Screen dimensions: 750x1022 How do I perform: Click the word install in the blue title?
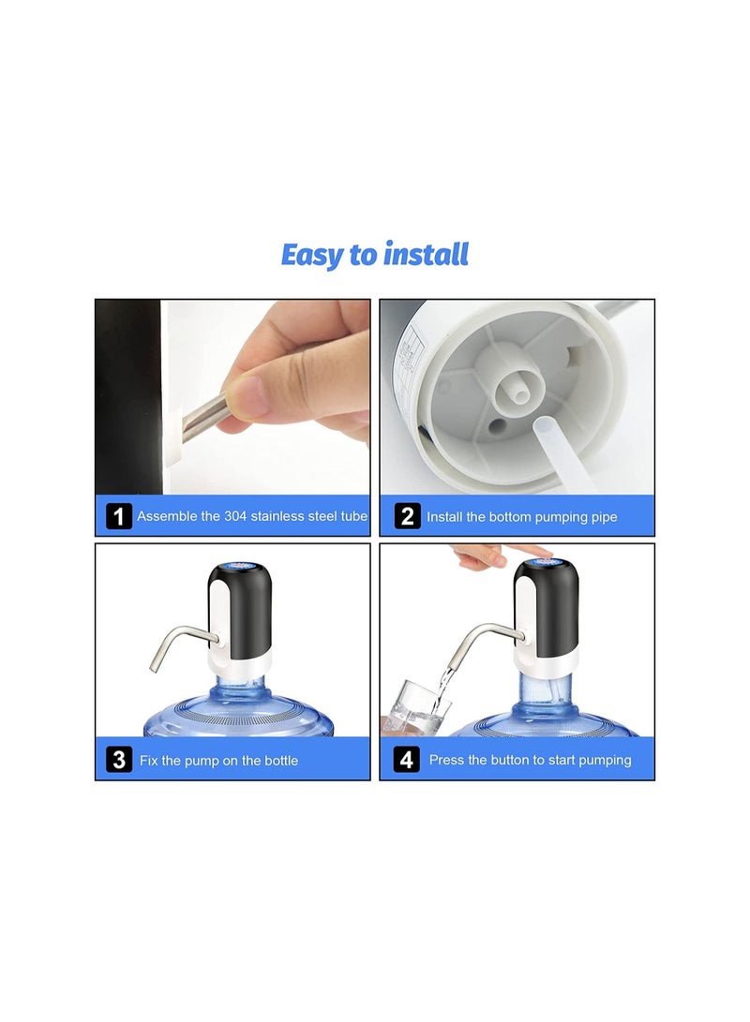tap(426, 254)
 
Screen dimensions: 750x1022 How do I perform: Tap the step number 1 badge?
tap(119, 516)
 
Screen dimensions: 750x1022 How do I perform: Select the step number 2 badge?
tap(407, 516)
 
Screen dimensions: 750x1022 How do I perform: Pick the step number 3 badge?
tap(119, 760)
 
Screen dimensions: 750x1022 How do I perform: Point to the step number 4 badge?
tap(406, 760)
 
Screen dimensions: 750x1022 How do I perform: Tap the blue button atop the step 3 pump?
tap(239, 566)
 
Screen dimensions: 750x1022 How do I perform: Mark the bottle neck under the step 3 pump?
tap(239, 687)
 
